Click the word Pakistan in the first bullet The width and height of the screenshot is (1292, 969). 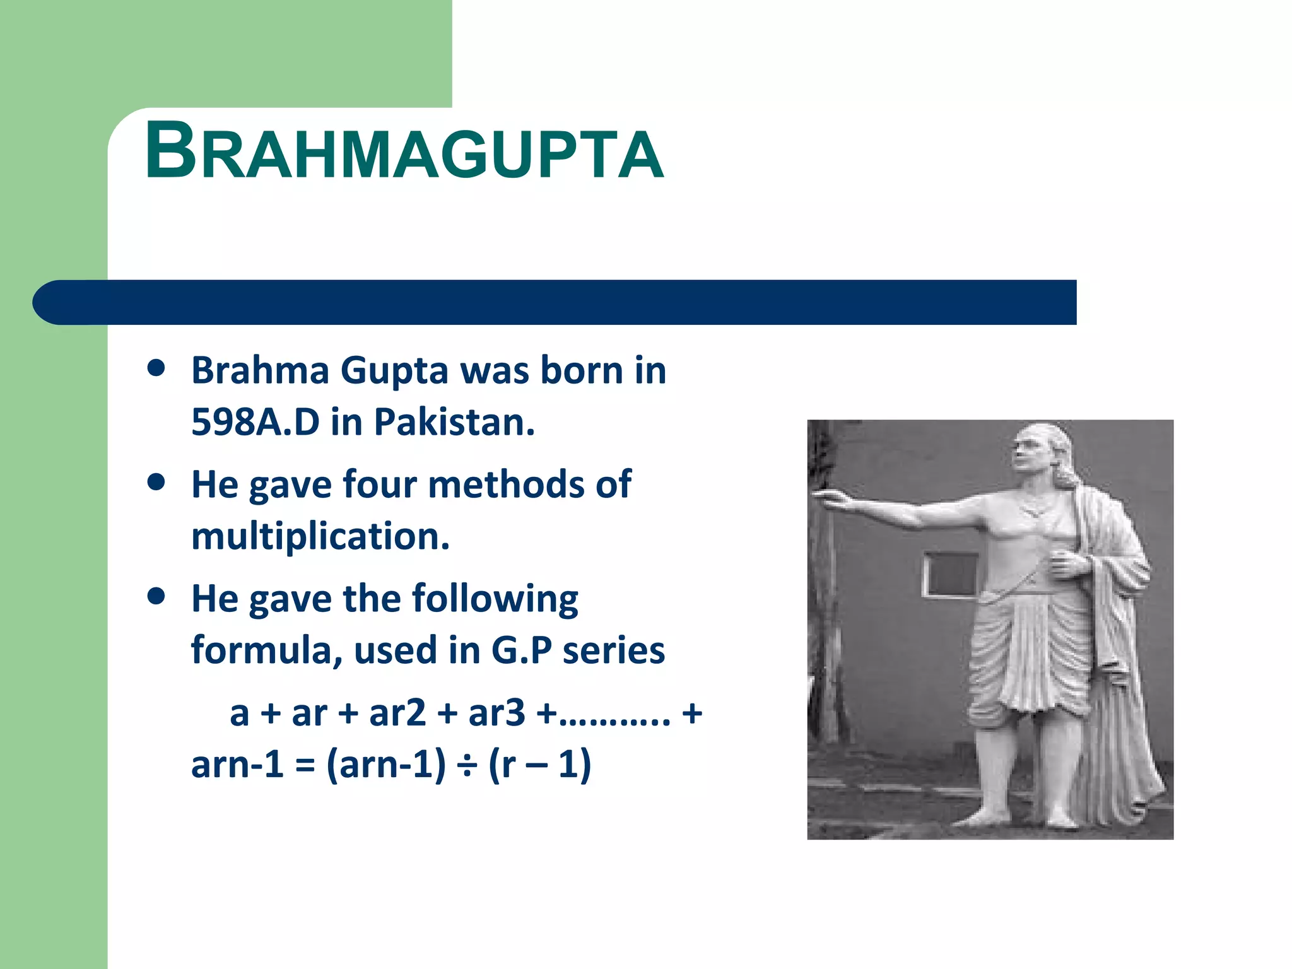coord(454,422)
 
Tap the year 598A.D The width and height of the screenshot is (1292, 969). coord(255,422)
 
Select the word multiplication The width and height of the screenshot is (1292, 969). coord(320,536)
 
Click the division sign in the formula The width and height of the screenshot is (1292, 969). coord(467,765)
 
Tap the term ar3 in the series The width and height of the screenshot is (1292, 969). coord(496,714)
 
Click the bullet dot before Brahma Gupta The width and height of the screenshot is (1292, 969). coord(156,368)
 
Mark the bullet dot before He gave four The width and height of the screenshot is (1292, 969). coord(156,483)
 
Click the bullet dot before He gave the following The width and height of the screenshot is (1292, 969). coord(156,596)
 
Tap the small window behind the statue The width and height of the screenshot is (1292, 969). coord(950,574)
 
